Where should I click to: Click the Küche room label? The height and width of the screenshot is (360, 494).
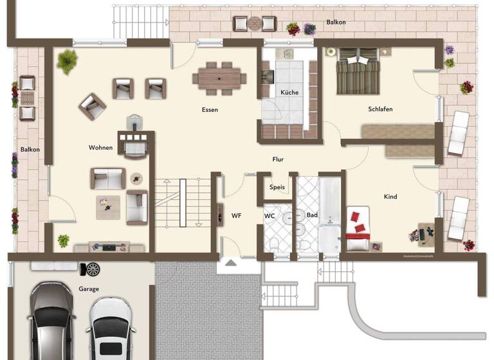click(x=289, y=93)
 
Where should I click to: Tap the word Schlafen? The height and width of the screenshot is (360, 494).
click(x=380, y=109)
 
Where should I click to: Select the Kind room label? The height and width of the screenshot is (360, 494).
click(x=390, y=197)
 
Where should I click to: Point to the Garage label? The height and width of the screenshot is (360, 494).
click(x=89, y=289)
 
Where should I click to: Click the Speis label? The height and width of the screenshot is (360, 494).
click(x=277, y=188)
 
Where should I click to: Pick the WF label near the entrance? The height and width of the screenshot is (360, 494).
click(x=236, y=215)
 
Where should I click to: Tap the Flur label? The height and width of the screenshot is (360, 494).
click(x=277, y=159)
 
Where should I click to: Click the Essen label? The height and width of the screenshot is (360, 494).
click(x=210, y=110)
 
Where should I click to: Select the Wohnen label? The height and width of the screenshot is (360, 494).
click(x=101, y=148)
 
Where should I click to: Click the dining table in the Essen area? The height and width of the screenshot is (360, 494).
click(x=219, y=78)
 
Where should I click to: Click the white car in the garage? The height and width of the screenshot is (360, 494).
click(x=111, y=328)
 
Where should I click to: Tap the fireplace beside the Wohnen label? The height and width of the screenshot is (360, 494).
click(x=136, y=140)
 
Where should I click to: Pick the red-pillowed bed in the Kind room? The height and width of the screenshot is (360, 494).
click(x=358, y=224)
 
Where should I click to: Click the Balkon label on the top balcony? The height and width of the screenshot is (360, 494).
click(x=336, y=22)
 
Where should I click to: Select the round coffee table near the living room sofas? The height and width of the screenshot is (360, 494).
click(x=137, y=178)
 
